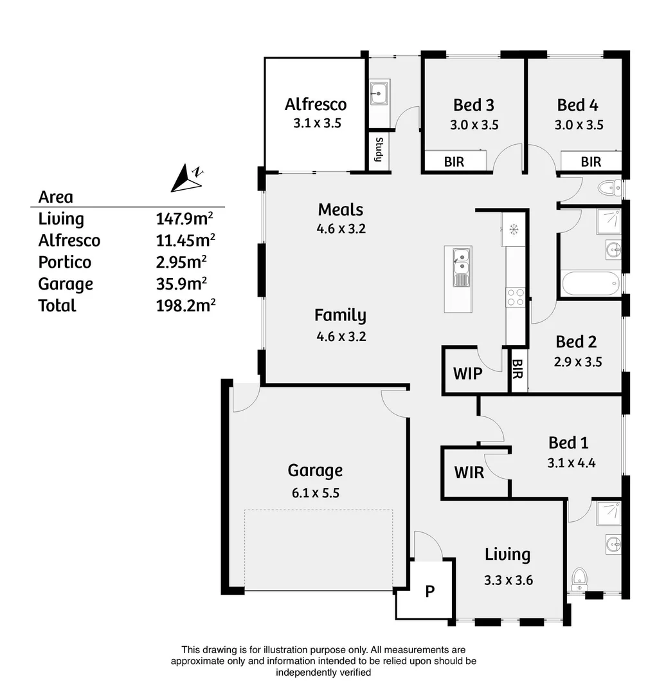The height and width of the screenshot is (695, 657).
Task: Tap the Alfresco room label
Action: tap(316, 104)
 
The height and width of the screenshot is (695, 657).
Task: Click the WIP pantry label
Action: tap(467, 373)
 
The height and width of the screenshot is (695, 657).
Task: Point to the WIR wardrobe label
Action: tap(469, 472)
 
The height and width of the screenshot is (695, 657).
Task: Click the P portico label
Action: tap(430, 591)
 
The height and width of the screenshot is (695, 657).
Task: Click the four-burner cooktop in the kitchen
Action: tap(516, 297)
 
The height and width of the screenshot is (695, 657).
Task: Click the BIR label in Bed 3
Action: tap(454, 162)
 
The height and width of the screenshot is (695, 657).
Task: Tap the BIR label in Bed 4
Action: tap(591, 162)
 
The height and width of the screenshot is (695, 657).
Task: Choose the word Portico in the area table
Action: tap(65, 263)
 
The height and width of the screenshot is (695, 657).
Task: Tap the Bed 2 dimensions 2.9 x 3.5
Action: tap(577, 362)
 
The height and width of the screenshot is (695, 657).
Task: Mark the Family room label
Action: tap(340, 315)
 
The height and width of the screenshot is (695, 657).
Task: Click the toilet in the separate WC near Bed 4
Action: tap(606, 188)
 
